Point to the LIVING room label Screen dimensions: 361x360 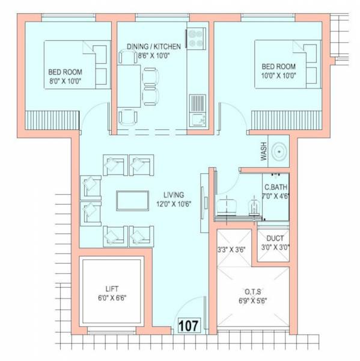point(174,195)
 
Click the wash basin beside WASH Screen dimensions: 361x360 point(280,153)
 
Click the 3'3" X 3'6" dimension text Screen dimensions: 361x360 point(231,249)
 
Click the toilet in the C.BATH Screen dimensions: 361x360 point(253,208)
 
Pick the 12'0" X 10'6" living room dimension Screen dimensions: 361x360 point(174,203)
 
